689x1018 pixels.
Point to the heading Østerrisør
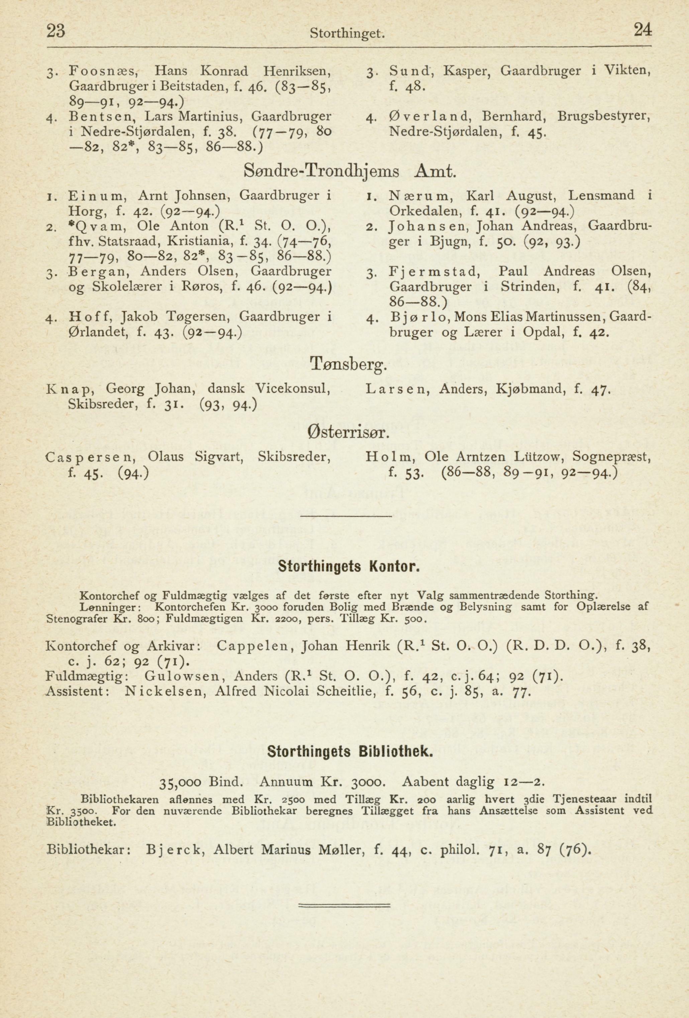(x=349, y=434)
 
